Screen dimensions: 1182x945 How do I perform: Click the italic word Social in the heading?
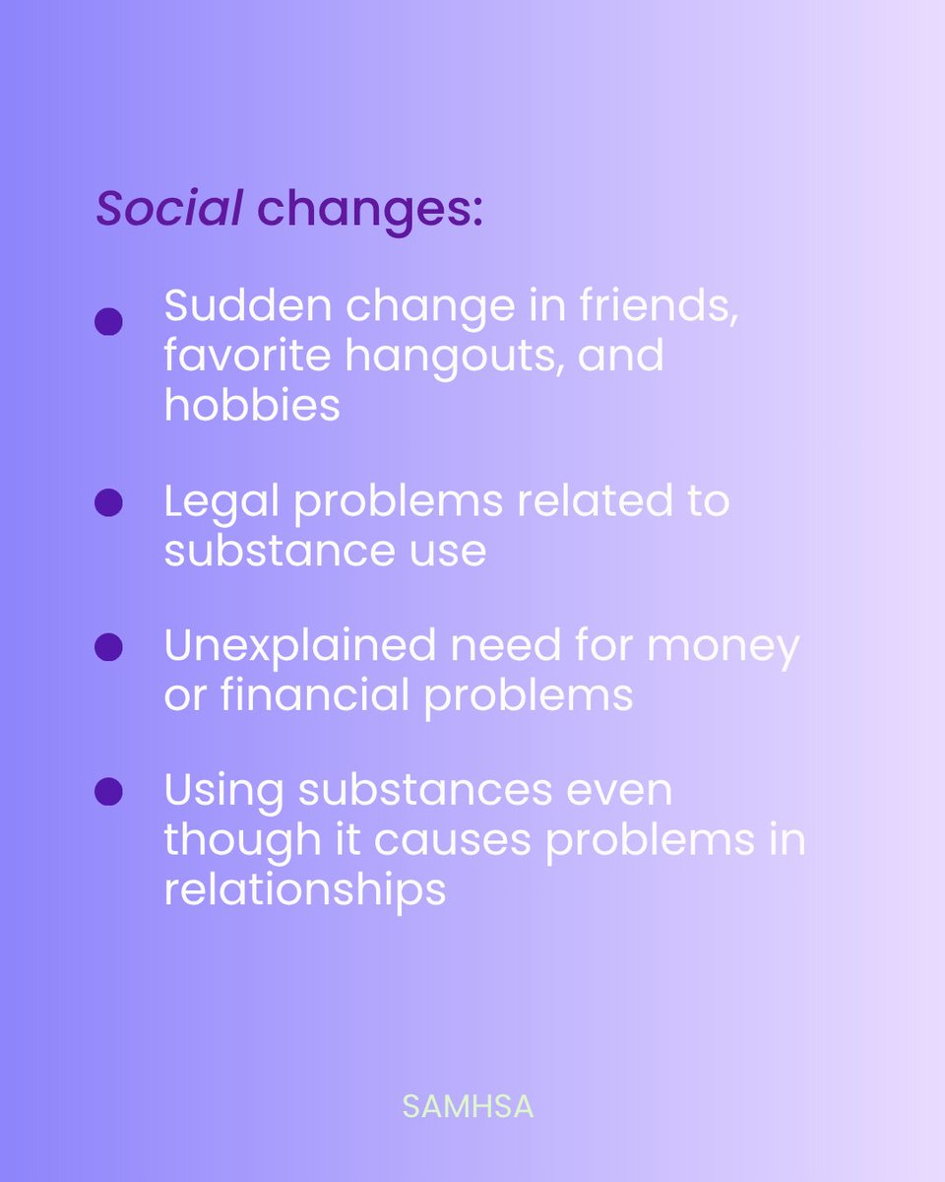click(168, 209)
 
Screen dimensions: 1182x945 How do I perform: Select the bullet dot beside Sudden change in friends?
click(108, 322)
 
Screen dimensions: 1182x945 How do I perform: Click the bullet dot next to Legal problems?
click(108, 503)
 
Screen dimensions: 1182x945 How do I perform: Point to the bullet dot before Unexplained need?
click(108, 647)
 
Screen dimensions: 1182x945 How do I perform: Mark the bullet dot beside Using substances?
click(108, 791)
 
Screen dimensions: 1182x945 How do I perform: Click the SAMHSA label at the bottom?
click(468, 1106)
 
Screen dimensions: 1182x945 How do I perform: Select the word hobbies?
click(252, 404)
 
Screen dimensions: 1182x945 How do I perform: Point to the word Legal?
click(220, 503)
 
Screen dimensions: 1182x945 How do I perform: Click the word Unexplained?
click(299, 647)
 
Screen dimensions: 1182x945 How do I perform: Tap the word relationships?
click(304, 889)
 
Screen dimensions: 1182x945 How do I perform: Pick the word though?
click(240, 840)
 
